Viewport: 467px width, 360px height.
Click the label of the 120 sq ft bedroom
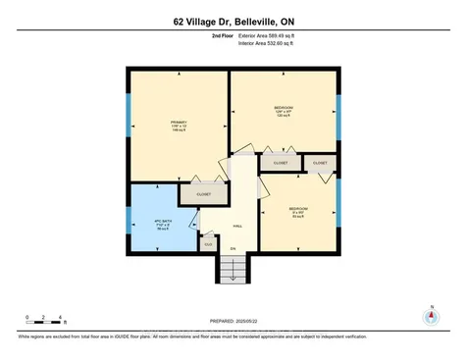283,110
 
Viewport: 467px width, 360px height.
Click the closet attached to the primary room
204,194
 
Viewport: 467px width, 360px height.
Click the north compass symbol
428,316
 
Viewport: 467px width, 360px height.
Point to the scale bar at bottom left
44,320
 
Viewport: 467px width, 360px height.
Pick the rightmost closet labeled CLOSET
321,161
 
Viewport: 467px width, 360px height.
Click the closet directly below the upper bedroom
280,162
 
